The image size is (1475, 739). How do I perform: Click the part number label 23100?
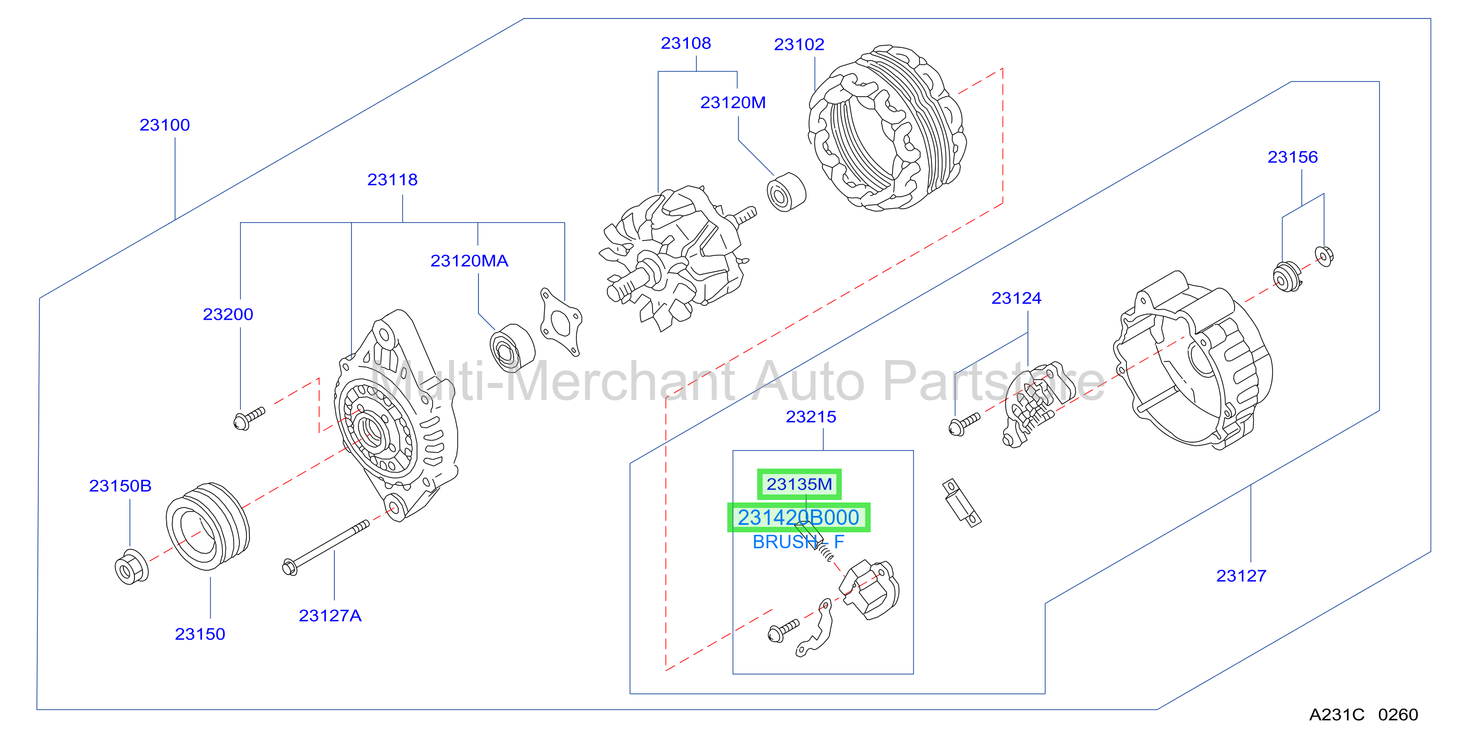tap(164, 125)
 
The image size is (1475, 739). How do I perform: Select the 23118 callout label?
tap(392, 180)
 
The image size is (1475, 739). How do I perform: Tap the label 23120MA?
tap(469, 261)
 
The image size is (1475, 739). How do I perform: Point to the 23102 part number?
tap(799, 45)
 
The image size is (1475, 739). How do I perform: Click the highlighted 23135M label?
tap(799, 485)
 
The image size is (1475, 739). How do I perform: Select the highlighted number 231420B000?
tap(798, 518)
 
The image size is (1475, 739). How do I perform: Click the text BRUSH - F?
tap(798, 542)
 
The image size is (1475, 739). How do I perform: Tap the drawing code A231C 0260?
tap(1363, 715)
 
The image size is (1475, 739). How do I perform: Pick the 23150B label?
tap(120, 487)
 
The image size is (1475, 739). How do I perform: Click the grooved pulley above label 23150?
tap(208, 526)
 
